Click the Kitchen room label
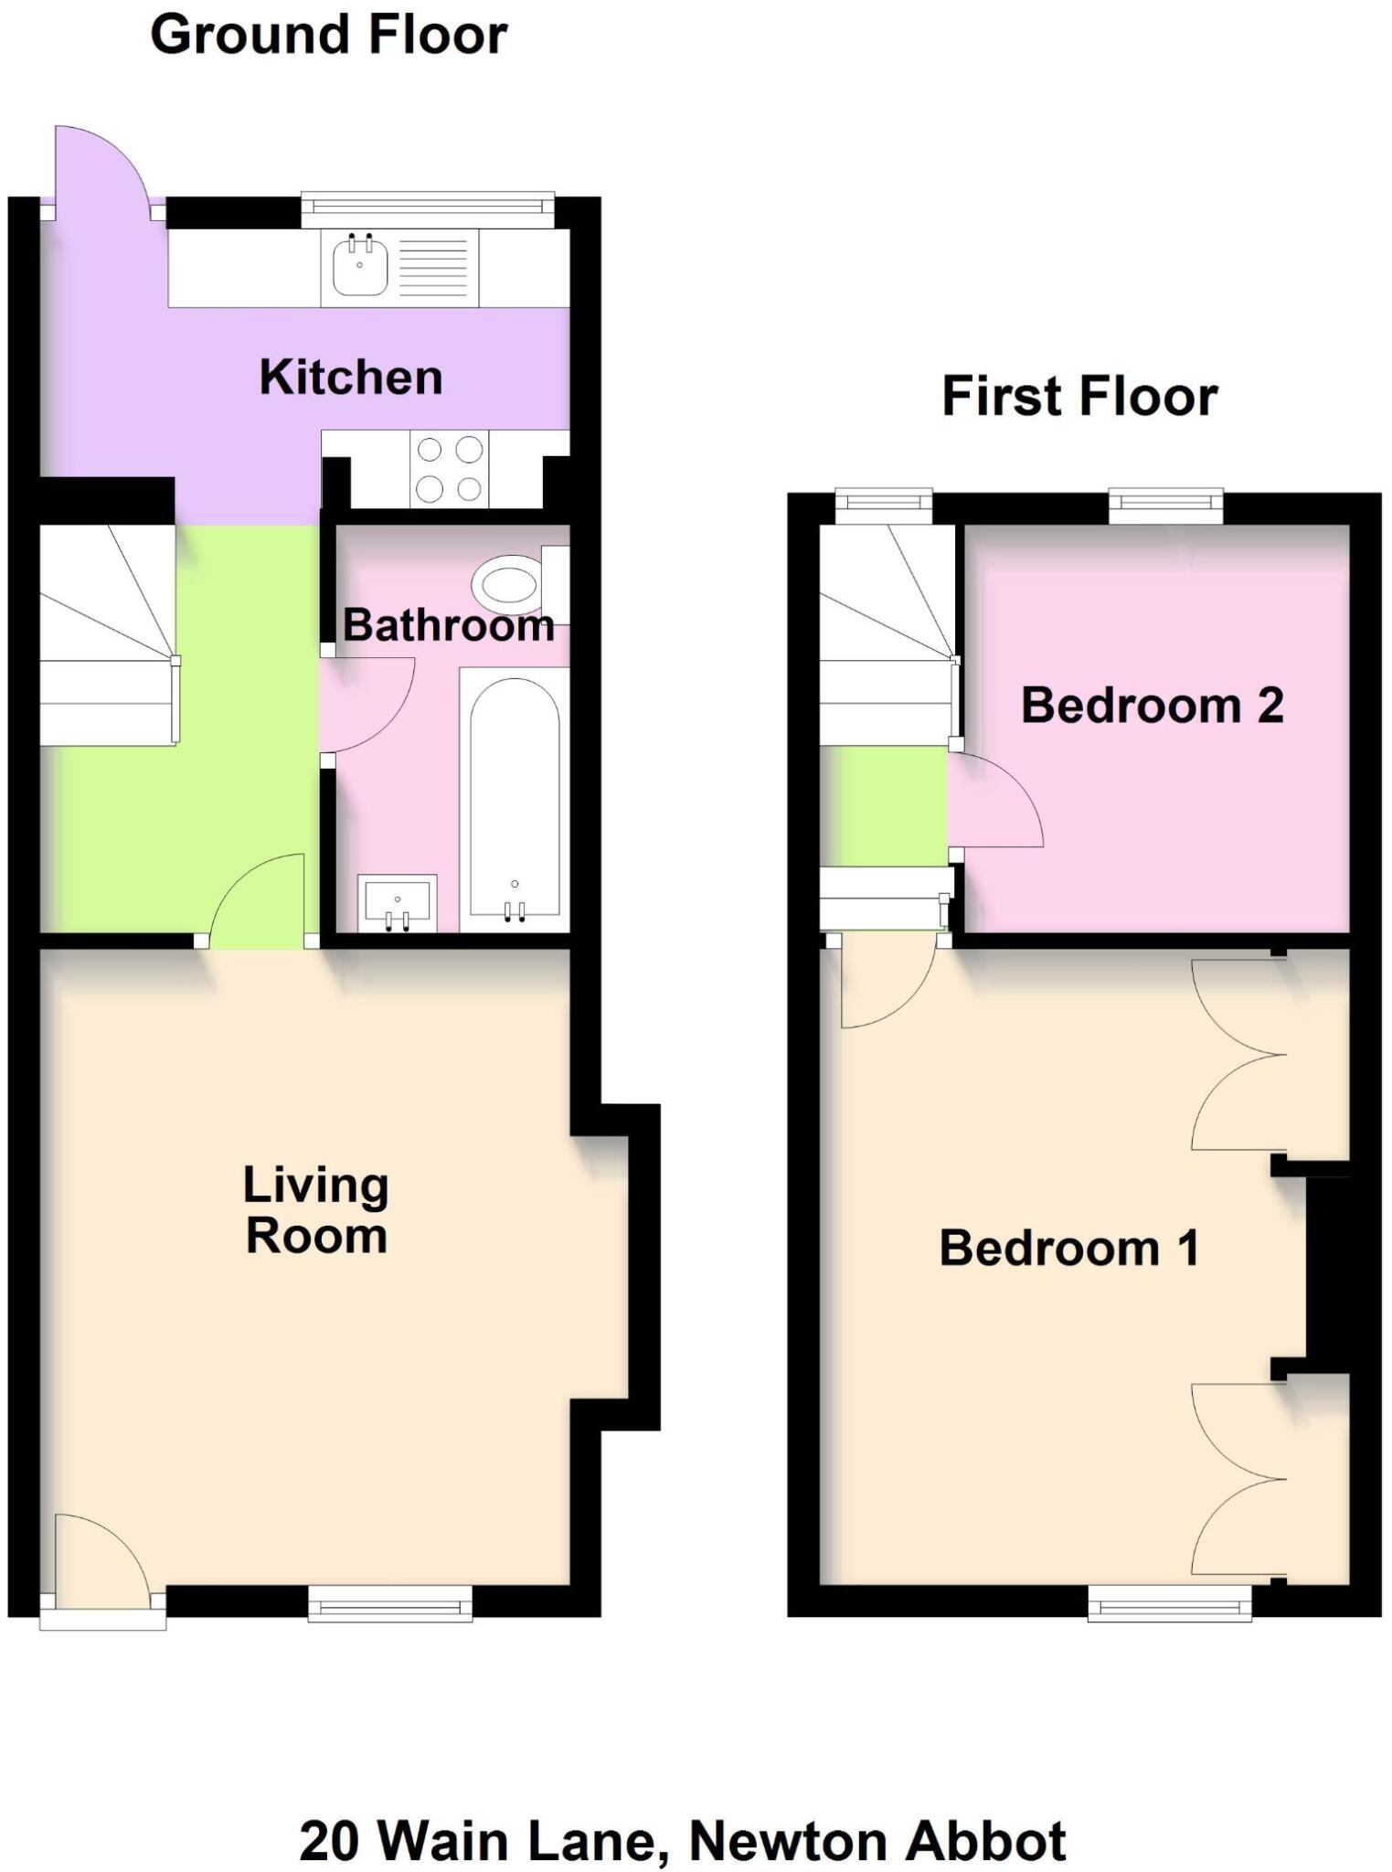point(351,378)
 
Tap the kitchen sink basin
point(359,265)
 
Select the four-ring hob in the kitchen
point(450,469)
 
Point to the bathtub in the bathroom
point(514,795)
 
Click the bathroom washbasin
point(397,902)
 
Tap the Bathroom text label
point(448,626)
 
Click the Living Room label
point(316,1210)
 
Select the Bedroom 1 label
point(1068,1248)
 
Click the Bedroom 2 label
point(1152,705)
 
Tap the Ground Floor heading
point(328,35)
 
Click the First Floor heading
point(1079,397)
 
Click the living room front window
point(390,1604)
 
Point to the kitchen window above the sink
point(428,210)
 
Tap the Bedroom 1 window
point(1169,1603)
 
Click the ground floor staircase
point(107,635)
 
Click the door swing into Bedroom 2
point(992,804)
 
